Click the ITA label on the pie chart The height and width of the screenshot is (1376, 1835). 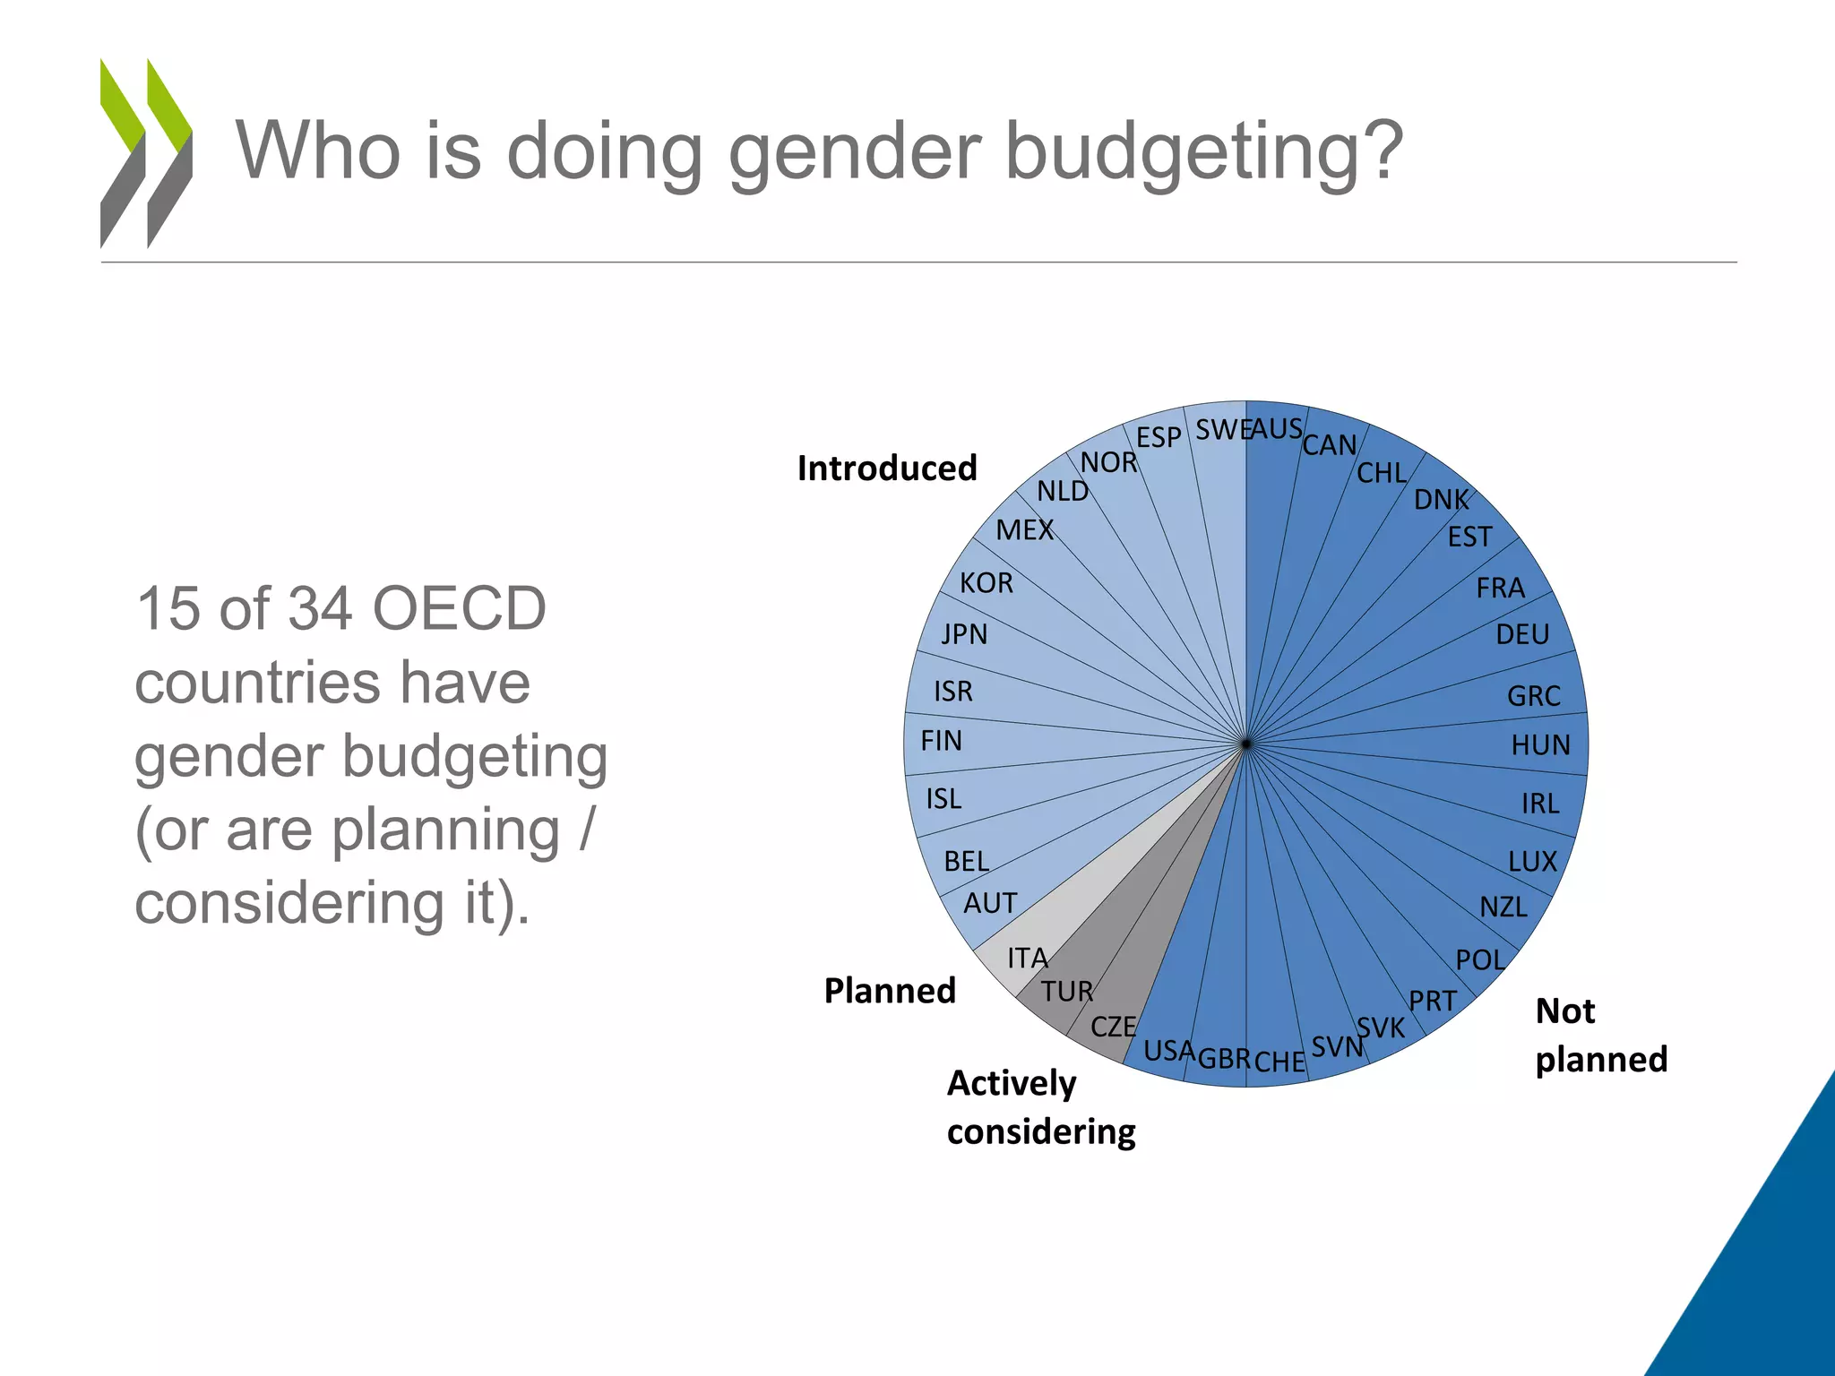[x=1027, y=958]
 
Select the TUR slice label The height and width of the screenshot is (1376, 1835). [x=1066, y=991]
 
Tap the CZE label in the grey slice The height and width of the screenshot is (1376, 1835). [x=1113, y=1026]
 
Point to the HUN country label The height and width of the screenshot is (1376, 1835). [x=1540, y=744]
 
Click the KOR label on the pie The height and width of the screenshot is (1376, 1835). [x=986, y=583]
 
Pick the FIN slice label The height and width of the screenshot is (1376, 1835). [x=941, y=741]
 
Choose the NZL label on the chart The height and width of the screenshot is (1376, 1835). [x=1503, y=907]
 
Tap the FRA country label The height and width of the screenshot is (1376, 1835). [x=1500, y=588]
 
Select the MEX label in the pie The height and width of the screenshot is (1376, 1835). [x=1024, y=530]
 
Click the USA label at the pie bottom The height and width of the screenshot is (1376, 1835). [x=1168, y=1050]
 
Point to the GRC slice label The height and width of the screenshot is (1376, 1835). [x=1533, y=695]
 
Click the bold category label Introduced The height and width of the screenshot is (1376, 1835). [x=886, y=469]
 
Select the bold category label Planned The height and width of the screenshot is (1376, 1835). [x=890, y=991]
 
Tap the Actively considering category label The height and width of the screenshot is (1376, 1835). [x=1040, y=1107]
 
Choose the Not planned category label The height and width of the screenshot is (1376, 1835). [x=1600, y=1035]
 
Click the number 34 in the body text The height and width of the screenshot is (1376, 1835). [x=317, y=609]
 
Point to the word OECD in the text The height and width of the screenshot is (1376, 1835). [x=458, y=609]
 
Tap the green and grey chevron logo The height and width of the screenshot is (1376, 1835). [x=146, y=152]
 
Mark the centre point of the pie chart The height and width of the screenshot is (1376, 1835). [x=1245, y=744]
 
